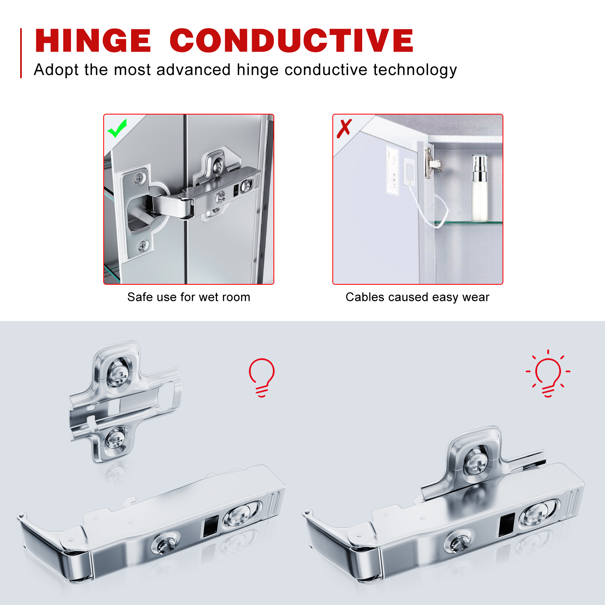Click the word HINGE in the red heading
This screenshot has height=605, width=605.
pos(93,41)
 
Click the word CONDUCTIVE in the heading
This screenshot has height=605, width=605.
pos(292,41)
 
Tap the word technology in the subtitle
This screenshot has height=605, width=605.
pos(415,70)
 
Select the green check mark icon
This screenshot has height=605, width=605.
pos(117,128)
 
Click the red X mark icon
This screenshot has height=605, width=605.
pos(344,129)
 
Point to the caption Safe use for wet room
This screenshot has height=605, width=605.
pos(189,297)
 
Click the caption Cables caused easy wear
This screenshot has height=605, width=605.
pos(417,297)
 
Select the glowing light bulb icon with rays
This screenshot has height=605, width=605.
pos(548,373)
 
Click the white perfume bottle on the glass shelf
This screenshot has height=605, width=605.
pos(480,188)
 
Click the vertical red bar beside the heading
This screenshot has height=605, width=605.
pos(21,53)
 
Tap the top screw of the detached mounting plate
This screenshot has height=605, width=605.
pos(118,373)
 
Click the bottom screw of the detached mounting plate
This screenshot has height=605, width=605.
pos(116,440)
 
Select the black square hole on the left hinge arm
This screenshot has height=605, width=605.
pos(210,526)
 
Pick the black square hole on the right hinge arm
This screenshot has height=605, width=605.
pos(507,525)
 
